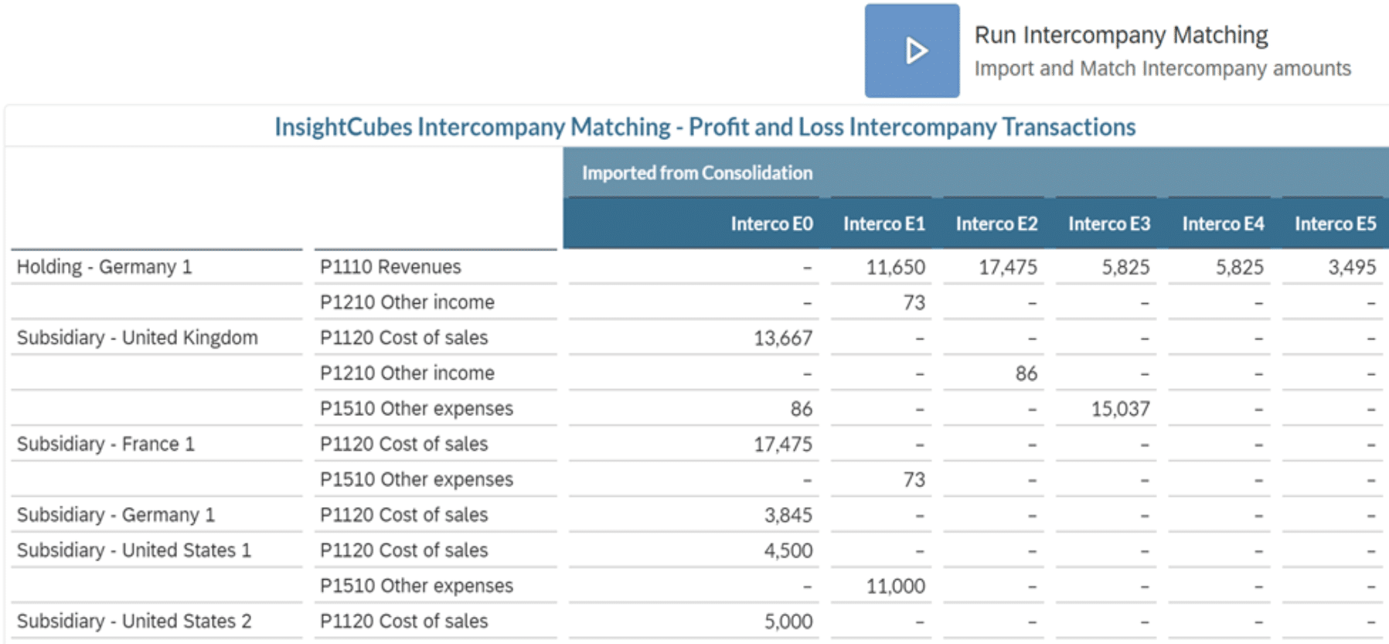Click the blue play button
tap(912, 51)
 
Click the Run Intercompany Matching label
tap(1121, 36)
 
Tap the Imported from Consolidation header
tap(696, 173)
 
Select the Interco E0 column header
tap(771, 224)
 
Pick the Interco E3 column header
tap(1108, 224)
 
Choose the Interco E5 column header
tap(1335, 224)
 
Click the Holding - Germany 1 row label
tap(104, 267)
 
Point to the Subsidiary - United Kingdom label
tap(138, 338)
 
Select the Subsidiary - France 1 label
tap(106, 445)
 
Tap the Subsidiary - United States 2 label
tap(134, 622)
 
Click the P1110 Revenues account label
tap(390, 267)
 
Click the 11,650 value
tap(895, 267)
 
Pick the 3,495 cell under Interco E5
tap(1352, 267)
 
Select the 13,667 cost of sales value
tap(783, 339)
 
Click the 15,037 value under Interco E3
tap(1120, 409)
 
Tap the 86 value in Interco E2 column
tap(1026, 374)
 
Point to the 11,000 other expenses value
tap(895, 586)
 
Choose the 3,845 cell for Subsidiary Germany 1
tap(788, 516)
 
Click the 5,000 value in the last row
tap(788, 622)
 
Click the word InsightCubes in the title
tap(343, 127)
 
